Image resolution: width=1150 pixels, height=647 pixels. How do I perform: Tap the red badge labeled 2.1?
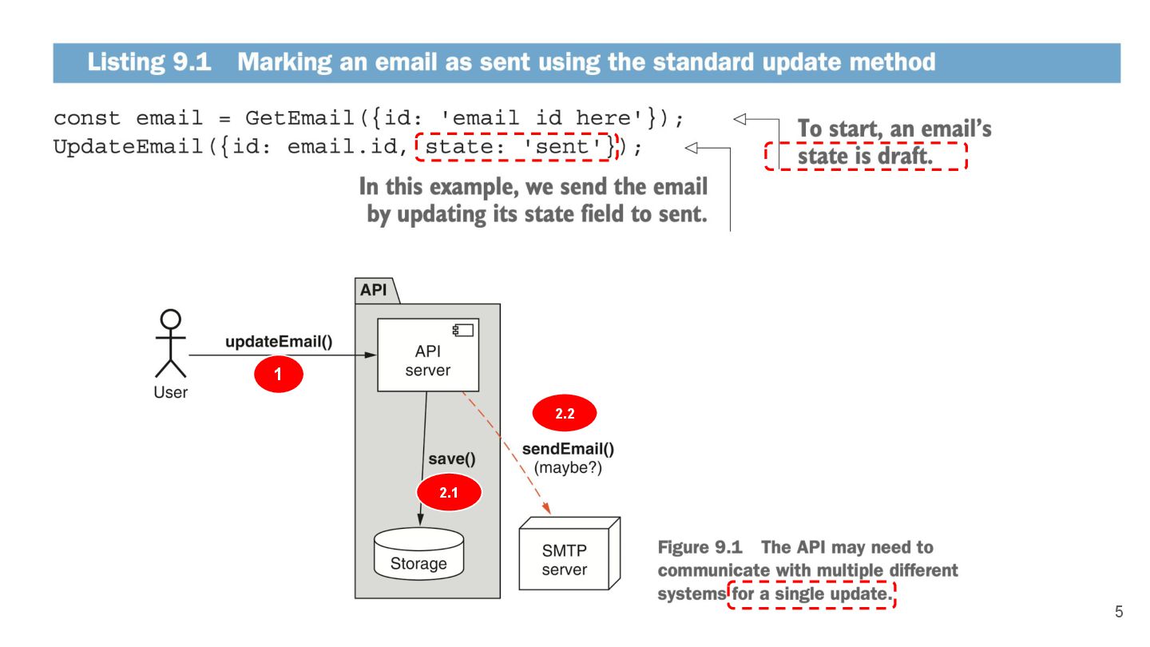tap(449, 493)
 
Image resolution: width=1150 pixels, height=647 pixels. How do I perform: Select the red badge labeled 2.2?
tap(565, 414)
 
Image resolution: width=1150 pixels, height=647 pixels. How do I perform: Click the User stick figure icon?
tap(170, 344)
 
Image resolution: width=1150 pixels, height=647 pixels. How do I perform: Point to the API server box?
tap(427, 355)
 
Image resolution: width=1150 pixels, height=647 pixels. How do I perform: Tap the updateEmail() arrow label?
tap(279, 342)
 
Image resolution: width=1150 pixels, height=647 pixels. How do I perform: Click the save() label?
tap(451, 458)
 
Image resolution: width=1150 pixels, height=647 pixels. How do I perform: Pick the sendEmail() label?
tap(568, 449)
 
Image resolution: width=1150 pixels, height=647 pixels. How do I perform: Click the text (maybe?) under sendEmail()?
tap(568, 467)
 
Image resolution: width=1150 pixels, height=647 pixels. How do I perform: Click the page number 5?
tap(1118, 613)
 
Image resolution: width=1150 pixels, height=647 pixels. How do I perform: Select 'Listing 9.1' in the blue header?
tap(149, 62)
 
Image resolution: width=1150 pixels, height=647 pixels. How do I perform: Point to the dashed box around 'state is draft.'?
tap(865, 157)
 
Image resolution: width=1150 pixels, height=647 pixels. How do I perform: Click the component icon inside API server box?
tap(462, 329)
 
